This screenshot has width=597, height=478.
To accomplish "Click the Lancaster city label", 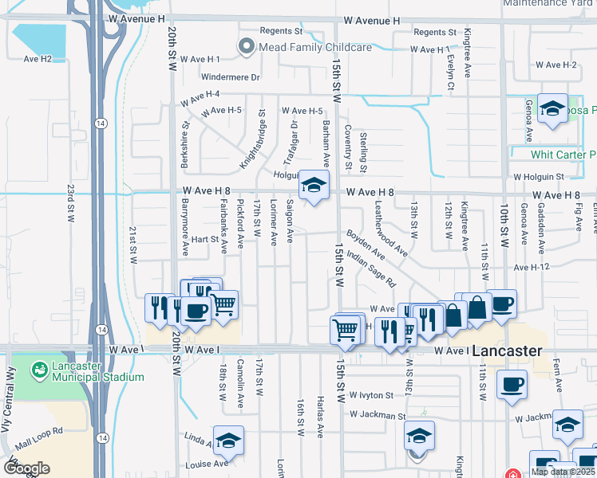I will (507, 351).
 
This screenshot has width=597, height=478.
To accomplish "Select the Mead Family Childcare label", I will (315, 48).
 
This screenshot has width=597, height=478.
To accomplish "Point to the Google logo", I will (26, 468).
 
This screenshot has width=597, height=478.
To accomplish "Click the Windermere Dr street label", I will (231, 77).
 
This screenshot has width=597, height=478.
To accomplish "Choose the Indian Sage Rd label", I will (372, 271).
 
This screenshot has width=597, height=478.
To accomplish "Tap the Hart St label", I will (204, 238).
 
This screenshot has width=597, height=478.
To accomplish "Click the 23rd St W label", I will (70, 205).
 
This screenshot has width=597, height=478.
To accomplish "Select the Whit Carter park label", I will (563, 154).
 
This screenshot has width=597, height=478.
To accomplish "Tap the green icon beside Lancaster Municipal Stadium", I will (38, 370).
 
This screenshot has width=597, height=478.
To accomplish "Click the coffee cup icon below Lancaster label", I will (511, 385).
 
